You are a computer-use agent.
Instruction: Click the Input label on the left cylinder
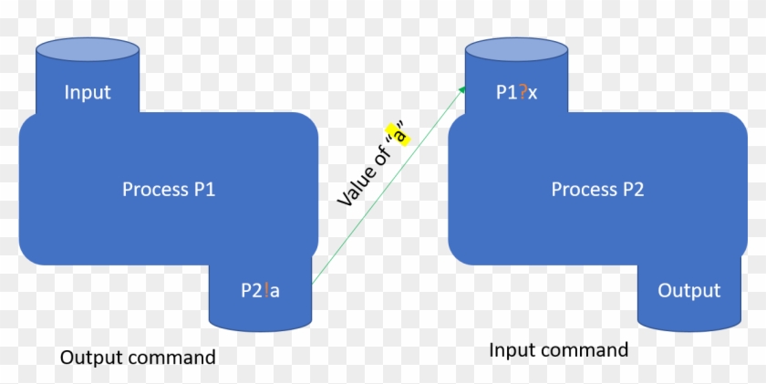pos(88,92)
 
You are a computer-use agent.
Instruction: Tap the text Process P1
pos(169,189)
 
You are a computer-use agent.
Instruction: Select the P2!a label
pos(260,290)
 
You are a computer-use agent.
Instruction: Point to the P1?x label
pos(515,92)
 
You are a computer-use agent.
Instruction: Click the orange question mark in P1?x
pos(522,92)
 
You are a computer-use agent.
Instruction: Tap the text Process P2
pos(597,189)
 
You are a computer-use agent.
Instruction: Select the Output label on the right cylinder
pos(688,290)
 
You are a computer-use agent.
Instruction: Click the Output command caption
pos(138,357)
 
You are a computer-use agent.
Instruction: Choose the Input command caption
pos(558,350)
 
